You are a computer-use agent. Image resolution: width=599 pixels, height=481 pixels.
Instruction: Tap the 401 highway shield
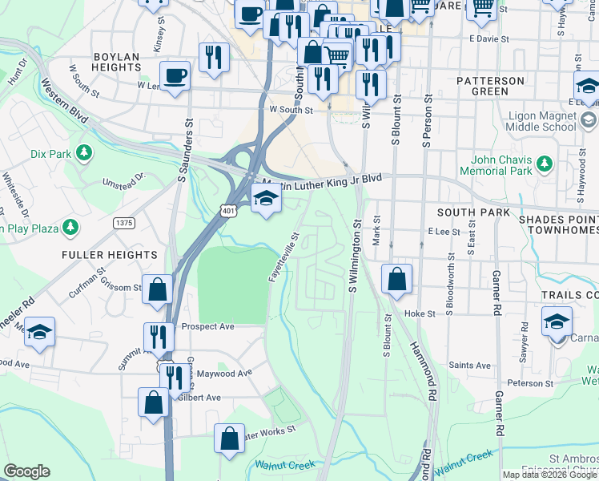click(x=230, y=211)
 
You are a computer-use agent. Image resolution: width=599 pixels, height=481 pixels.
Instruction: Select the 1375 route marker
click(x=124, y=223)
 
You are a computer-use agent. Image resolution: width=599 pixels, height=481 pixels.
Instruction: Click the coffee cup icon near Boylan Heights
click(x=175, y=76)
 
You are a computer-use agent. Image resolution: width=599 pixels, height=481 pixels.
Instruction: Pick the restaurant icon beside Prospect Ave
click(x=159, y=337)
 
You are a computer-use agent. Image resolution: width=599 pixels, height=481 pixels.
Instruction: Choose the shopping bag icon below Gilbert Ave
click(x=153, y=403)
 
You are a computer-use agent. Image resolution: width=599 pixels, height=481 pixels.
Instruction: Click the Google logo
click(x=26, y=471)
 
